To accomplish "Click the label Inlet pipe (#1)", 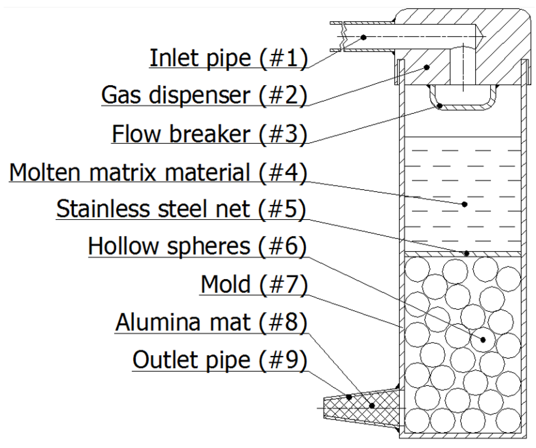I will click(x=229, y=58).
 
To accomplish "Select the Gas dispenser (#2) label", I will click(x=204, y=95).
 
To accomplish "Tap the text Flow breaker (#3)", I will click(x=209, y=133).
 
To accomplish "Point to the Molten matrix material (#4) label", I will click(x=158, y=172).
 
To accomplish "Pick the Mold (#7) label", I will click(x=254, y=284).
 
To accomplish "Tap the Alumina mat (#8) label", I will click(x=211, y=322).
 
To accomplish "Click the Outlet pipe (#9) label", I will click(x=220, y=360).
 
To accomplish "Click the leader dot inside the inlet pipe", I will click(x=363, y=37).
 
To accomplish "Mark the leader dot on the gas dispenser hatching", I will click(x=427, y=67).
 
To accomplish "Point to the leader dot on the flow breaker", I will click(x=440, y=106).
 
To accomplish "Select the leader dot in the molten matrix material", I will click(x=465, y=204).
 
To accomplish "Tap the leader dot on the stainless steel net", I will click(x=467, y=253).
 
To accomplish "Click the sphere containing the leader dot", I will click(x=483, y=340).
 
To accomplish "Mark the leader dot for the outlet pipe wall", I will click(x=349, y=397).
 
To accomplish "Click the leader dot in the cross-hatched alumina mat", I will click(x=372, y=406).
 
